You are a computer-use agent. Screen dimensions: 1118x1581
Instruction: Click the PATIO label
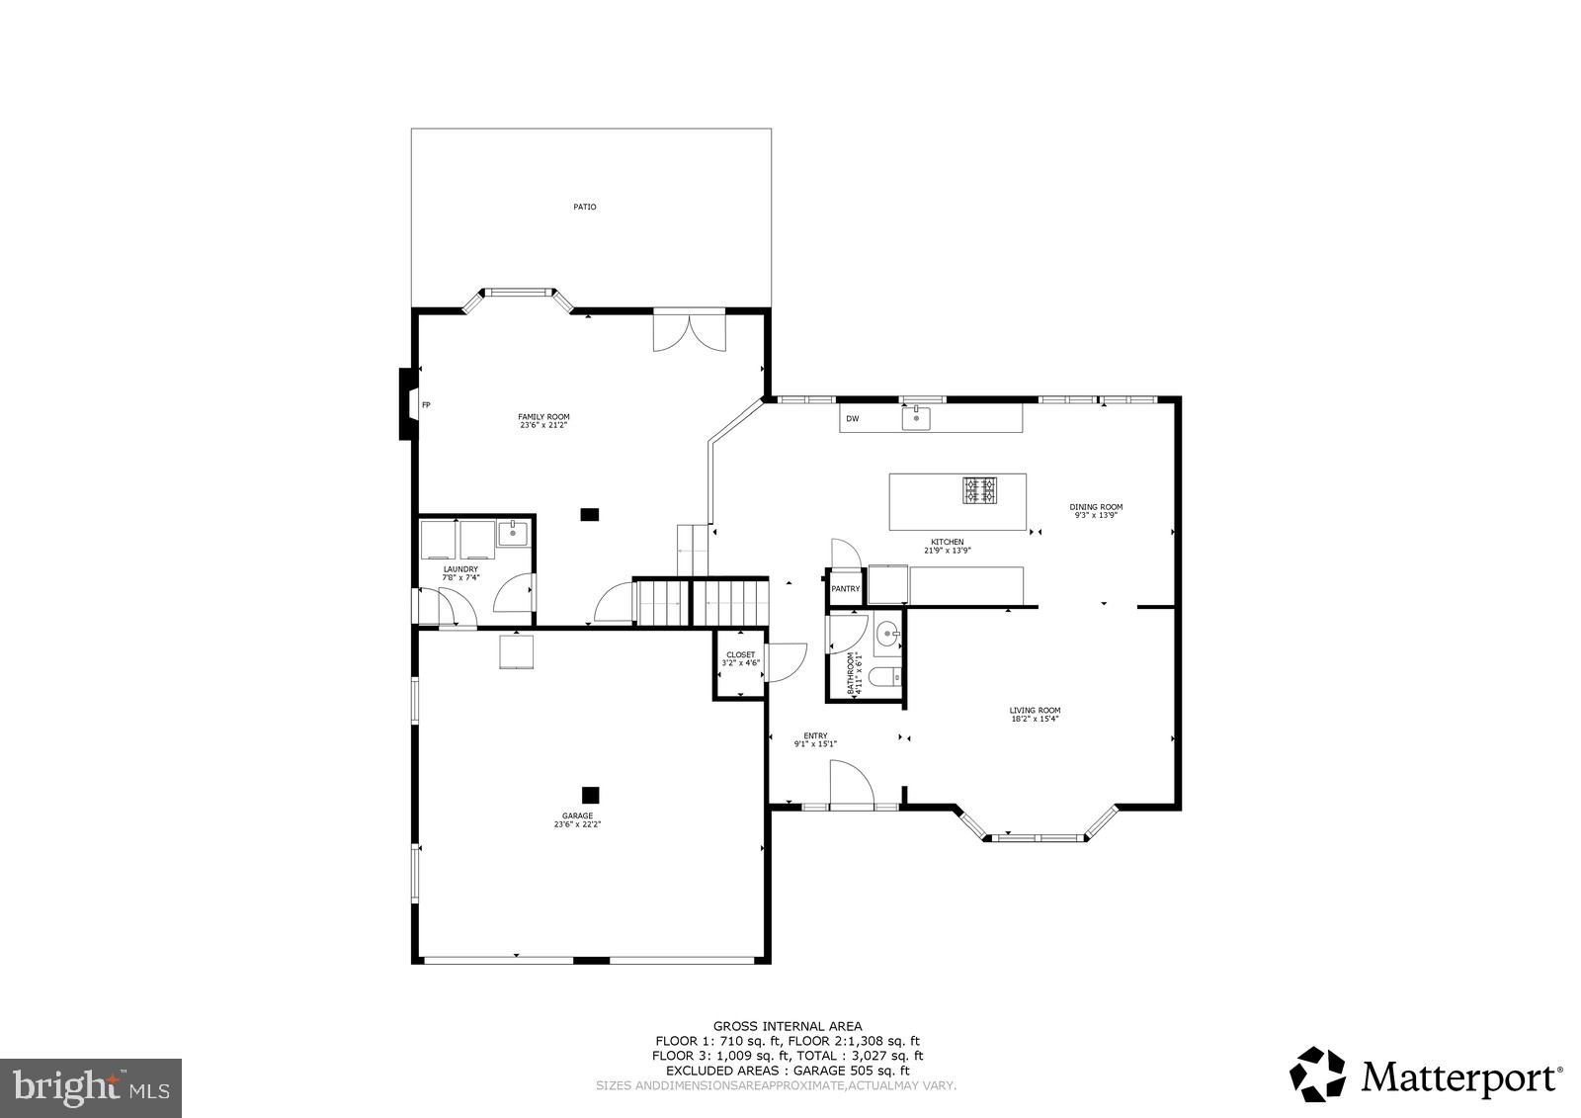pyautogui.click(x=585, y=208)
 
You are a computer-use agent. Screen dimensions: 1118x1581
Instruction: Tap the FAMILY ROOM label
pyautogui.click(x=543, y=420)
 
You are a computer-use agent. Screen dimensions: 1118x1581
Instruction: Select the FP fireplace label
pyautogui.click(x=426, y=405)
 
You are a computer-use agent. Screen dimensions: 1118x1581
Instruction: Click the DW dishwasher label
pyautogui.click(x=852, y=419)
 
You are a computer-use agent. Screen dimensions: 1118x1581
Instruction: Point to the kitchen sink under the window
pyautogui.click(x=917, y=419)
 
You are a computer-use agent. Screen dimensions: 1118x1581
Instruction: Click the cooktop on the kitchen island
pyautogui.click(x=980, y=489)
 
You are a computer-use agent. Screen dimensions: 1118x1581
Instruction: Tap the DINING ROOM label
pyautogui.click(x=1096, y=510)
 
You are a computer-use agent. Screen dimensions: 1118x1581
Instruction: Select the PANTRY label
pyautogui.click(x=846, y=589)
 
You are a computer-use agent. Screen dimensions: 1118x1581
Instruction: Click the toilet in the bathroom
pyautogui.click(x=887, y=677)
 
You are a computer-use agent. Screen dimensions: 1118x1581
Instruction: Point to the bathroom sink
pyautogui.click(x=888, y=632)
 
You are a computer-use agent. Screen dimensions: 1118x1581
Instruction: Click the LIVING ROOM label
pyautogui.click(x=1035, y=714)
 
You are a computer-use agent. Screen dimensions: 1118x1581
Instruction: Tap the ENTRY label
pyautogui.click(x=815, y=739)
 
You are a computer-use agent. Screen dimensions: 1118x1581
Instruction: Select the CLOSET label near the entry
pyautogui.click(x=740, y=658)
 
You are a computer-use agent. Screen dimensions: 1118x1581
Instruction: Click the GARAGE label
pyautogui.click(x=577, y=818)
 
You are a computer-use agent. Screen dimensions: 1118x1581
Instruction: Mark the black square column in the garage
pyautogui.click(x=590, y=794)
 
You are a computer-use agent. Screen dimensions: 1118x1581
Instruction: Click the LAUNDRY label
pyautogui.click(x=460, y=572)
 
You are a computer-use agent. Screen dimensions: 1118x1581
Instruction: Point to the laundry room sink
pyautogui.click(x=512, y=535)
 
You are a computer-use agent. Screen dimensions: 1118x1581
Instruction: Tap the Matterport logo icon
pyautogui.click(x=1318, y=1074)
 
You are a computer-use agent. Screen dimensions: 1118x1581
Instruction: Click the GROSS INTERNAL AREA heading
pyautogui.click(x=788, y=1026)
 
